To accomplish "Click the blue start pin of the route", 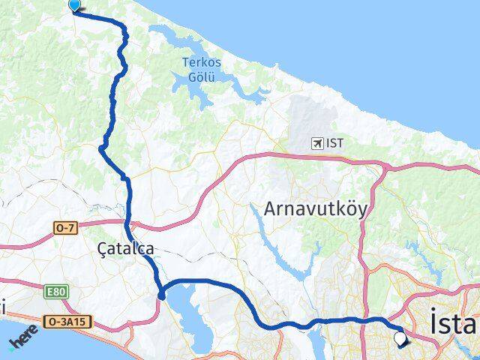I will [x=74, y=5].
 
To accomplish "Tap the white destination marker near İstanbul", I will [x=400, y=340].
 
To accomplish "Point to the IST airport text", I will [x=335, y=142].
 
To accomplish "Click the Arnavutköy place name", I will [x=314, y=208].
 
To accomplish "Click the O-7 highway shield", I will [x=64, y=226].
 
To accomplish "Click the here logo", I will [x=22, y=341].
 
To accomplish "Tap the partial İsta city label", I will [x=454, y=324].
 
